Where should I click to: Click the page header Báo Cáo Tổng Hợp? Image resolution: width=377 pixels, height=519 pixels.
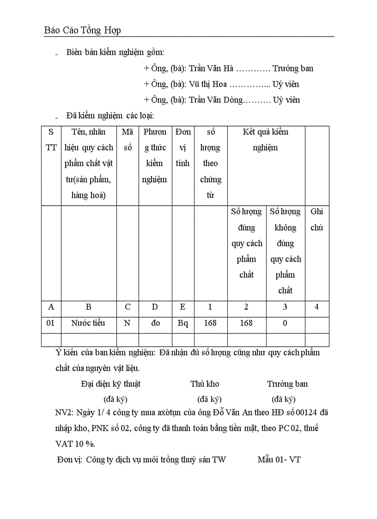pos(82,31)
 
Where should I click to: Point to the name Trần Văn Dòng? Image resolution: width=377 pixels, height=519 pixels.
pos(215,100)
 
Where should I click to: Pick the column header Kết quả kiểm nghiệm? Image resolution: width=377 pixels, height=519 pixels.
pos(266,140)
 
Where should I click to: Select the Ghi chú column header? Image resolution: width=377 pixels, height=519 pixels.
pos(317,220)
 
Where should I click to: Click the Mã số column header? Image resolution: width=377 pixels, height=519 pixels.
pos(128,140)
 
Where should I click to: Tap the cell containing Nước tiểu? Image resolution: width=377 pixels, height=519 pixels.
pos(88,323)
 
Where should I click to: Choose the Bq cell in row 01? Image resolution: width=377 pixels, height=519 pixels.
pos(183,323)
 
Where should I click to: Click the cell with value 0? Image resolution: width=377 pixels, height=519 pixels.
pos(285,323)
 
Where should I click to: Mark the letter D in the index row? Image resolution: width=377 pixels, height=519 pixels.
pos(155,307)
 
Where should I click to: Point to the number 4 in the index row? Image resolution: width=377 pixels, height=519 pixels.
pos(316,307)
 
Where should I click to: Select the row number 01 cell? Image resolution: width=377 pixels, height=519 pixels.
pos(51,323)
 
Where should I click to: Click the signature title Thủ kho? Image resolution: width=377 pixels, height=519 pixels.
pos(205,384)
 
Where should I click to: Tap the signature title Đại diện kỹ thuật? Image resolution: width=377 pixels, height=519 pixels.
pos(111,384)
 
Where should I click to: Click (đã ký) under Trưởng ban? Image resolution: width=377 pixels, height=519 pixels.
pos(284,399)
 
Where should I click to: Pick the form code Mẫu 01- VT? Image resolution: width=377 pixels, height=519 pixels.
pos(279,460)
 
